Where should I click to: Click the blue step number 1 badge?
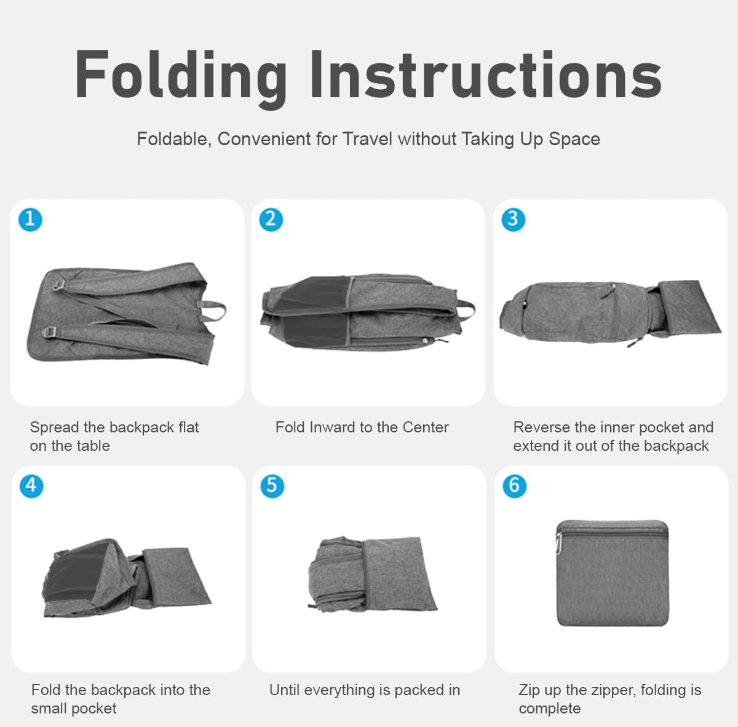click(x=30, y=220)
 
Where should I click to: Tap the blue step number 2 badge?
click(x=271, y=220)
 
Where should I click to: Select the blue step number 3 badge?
click(x=513, y=220)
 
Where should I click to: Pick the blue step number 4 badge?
click(x=31, y=487)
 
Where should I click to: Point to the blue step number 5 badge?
click(x=272, y=487)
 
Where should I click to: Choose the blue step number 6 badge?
click(x=514, y=487)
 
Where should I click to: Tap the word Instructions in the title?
click(x=486, y=74)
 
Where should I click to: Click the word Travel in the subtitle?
click(x=367, y=138)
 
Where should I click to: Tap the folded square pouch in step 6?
click(x=612, y=573)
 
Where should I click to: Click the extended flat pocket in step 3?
click(x=688, y=308)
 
